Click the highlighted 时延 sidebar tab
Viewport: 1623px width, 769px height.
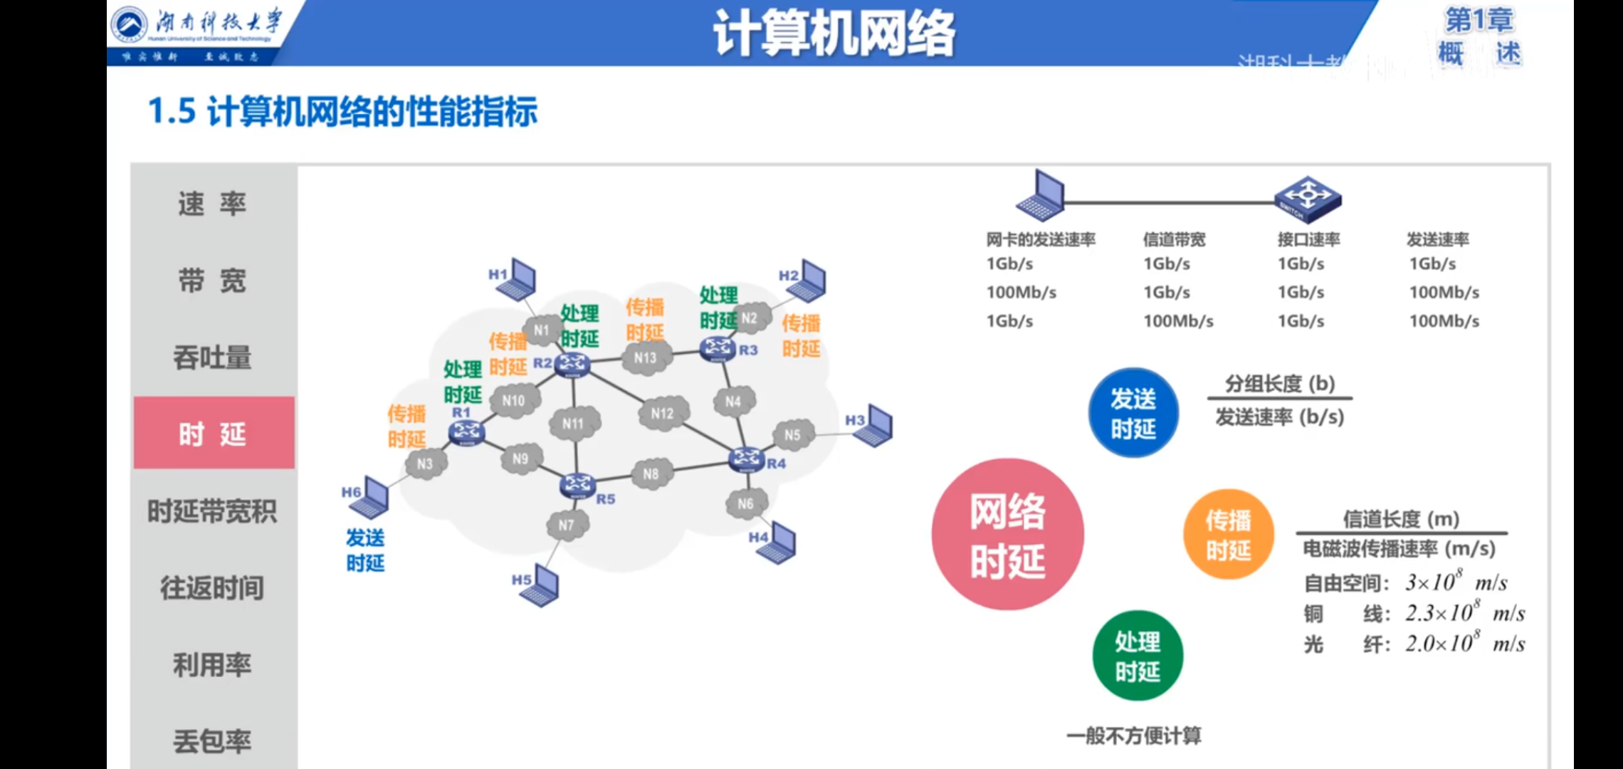point(213,433)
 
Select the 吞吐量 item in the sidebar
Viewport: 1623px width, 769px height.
point(212,357)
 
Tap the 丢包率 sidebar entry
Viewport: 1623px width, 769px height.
point(212,741)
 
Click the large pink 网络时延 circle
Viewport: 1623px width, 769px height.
point(1007,534)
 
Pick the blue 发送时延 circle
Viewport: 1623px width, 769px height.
point(1133,413)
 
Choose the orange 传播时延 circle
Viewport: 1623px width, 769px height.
point(1228,534)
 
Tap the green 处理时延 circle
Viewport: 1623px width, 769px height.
point(1138,656)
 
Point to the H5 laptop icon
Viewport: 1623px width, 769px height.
point(540,585)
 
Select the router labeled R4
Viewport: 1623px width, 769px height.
point(747,459)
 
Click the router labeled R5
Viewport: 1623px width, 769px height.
point(577,485)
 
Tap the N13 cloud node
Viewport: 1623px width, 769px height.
point(646,357)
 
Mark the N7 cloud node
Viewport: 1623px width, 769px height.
point(567,525)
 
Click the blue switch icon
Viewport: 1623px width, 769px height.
point(1308,199)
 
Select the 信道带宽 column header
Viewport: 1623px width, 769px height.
point(1174,239)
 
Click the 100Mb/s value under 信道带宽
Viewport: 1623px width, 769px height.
point(1178,321)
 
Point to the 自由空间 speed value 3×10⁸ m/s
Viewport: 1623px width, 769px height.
point(1456,582)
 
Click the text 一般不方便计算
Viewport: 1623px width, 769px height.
point(1133,736)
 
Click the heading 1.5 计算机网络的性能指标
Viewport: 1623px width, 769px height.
point(342,112)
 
